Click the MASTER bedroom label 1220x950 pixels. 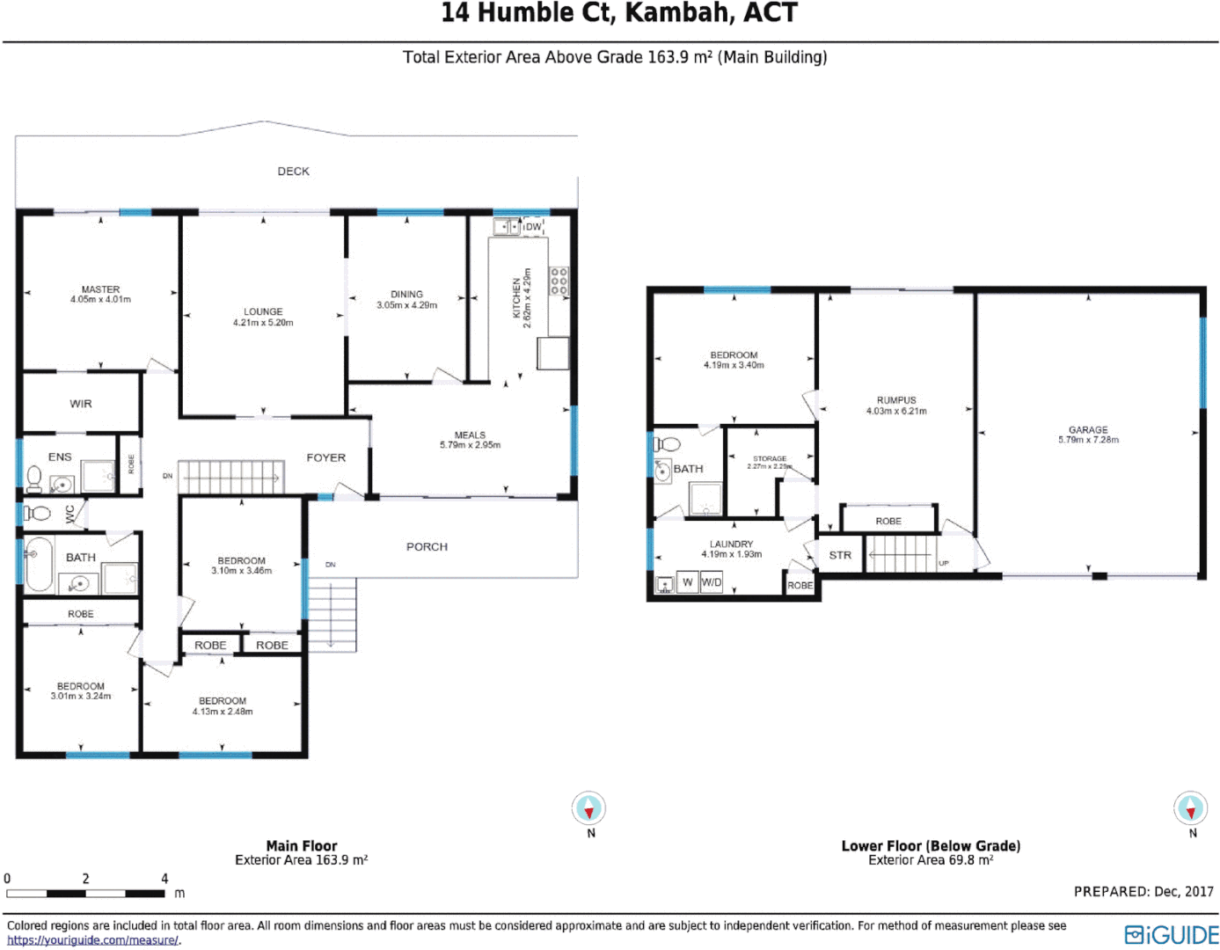(x=100, y=289)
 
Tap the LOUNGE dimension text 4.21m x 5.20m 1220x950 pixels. (x=263, y=323)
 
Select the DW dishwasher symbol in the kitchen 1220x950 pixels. (x=533, y=227)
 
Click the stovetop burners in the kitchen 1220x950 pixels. (x=559, y=281)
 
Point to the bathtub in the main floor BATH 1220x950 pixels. (x=38, y=564)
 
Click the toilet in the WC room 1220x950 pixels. (x=37, y=513)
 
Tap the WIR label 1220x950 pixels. (x=81, y=404)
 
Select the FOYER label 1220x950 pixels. (x=325, y=457)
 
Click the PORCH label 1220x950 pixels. (x=427, y=546)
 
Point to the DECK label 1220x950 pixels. (x=293, y=172)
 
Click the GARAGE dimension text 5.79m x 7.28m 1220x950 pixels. (x=1088, y=440)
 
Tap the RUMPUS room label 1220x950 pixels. (x=896, y=400)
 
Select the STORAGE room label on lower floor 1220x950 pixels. (x=770, y=458)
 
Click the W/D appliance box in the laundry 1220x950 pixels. (x=711, y=582)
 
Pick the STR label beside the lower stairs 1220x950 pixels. (x=840, y=555)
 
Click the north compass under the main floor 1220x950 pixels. (x=588, y=807)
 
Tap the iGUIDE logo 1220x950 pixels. (x=1172, y=934)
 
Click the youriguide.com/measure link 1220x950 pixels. (x=92, y=940)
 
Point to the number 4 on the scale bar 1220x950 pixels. (x=164, y=879)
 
